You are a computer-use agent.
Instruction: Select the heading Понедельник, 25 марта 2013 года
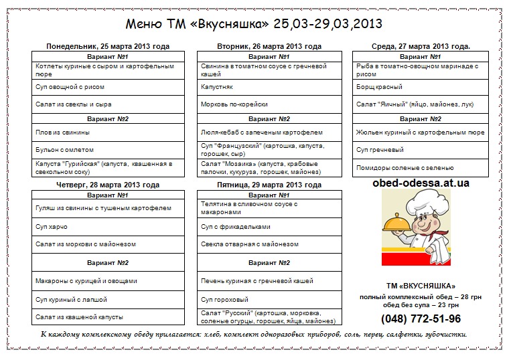(x=107, y=46)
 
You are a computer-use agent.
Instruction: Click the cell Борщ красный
(x=380, y=87)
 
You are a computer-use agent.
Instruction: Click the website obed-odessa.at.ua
(x=421, y=183)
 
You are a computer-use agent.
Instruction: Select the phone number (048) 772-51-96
(x=421, y=319)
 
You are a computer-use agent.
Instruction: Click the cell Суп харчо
(x=52, y=227)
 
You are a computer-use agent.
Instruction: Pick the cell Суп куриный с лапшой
(x=71, y=300)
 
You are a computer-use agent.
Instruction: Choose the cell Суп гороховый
(x=224, y=300)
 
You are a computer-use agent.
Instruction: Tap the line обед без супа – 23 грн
(x=421, y=305)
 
